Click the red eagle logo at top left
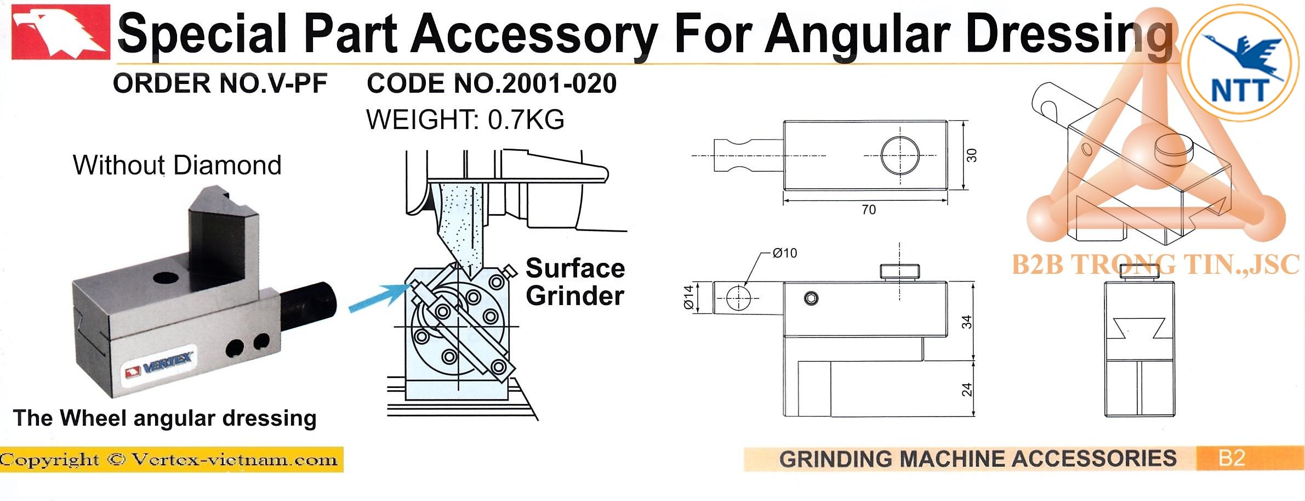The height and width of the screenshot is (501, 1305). (x=60, y=32)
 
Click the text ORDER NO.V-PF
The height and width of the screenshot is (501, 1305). (x=220, y=84)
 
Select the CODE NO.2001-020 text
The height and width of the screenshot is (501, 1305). (x=492, y=84)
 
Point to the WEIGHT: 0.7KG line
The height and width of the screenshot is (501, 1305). (x=465, y=120)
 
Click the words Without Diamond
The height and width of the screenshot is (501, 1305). (x=177, y=165)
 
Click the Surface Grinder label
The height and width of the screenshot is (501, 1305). (x=575, y=282)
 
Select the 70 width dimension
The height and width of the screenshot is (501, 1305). (x=869, y=210)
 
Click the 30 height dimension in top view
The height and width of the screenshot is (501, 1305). (x=971, y=155)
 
